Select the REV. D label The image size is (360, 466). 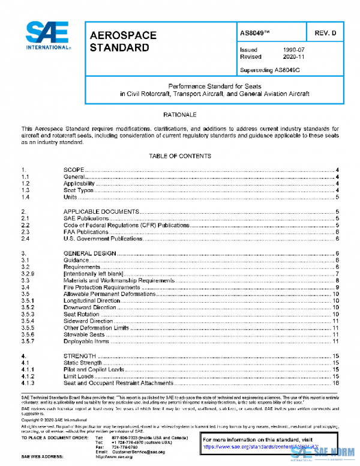pyautogui.click(x=324, y=34)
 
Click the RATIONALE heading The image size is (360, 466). pyautogui.click(x=180, y=114)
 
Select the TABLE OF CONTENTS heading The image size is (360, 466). pyautogui.click(x=180, y=156)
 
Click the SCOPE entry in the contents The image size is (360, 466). pyautogui.click(x=74, y=171)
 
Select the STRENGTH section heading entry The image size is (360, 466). pyautogui.click(x=79, y=356)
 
